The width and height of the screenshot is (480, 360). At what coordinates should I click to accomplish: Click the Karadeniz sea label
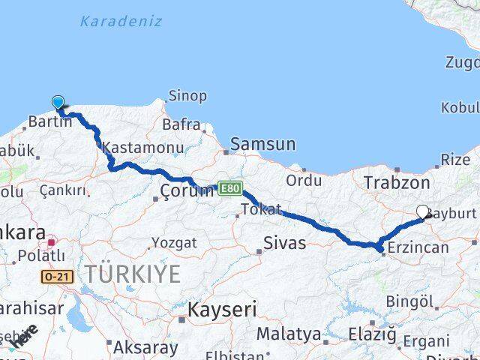[121, 21]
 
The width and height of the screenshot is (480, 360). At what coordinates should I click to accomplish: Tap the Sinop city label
[188, 96]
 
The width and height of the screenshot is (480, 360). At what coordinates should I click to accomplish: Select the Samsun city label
[262, 143]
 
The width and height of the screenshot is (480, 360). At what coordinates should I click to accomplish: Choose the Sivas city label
[285, 242]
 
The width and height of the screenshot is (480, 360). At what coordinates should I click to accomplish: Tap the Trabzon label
[397, 181]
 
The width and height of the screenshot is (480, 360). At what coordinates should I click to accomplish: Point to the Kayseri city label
[222, 309]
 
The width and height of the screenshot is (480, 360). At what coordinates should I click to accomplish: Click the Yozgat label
[175, 242]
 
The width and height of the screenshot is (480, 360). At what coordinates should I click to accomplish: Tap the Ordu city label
[304, 180]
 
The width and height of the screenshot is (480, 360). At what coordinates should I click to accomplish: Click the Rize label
[455, 159]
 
